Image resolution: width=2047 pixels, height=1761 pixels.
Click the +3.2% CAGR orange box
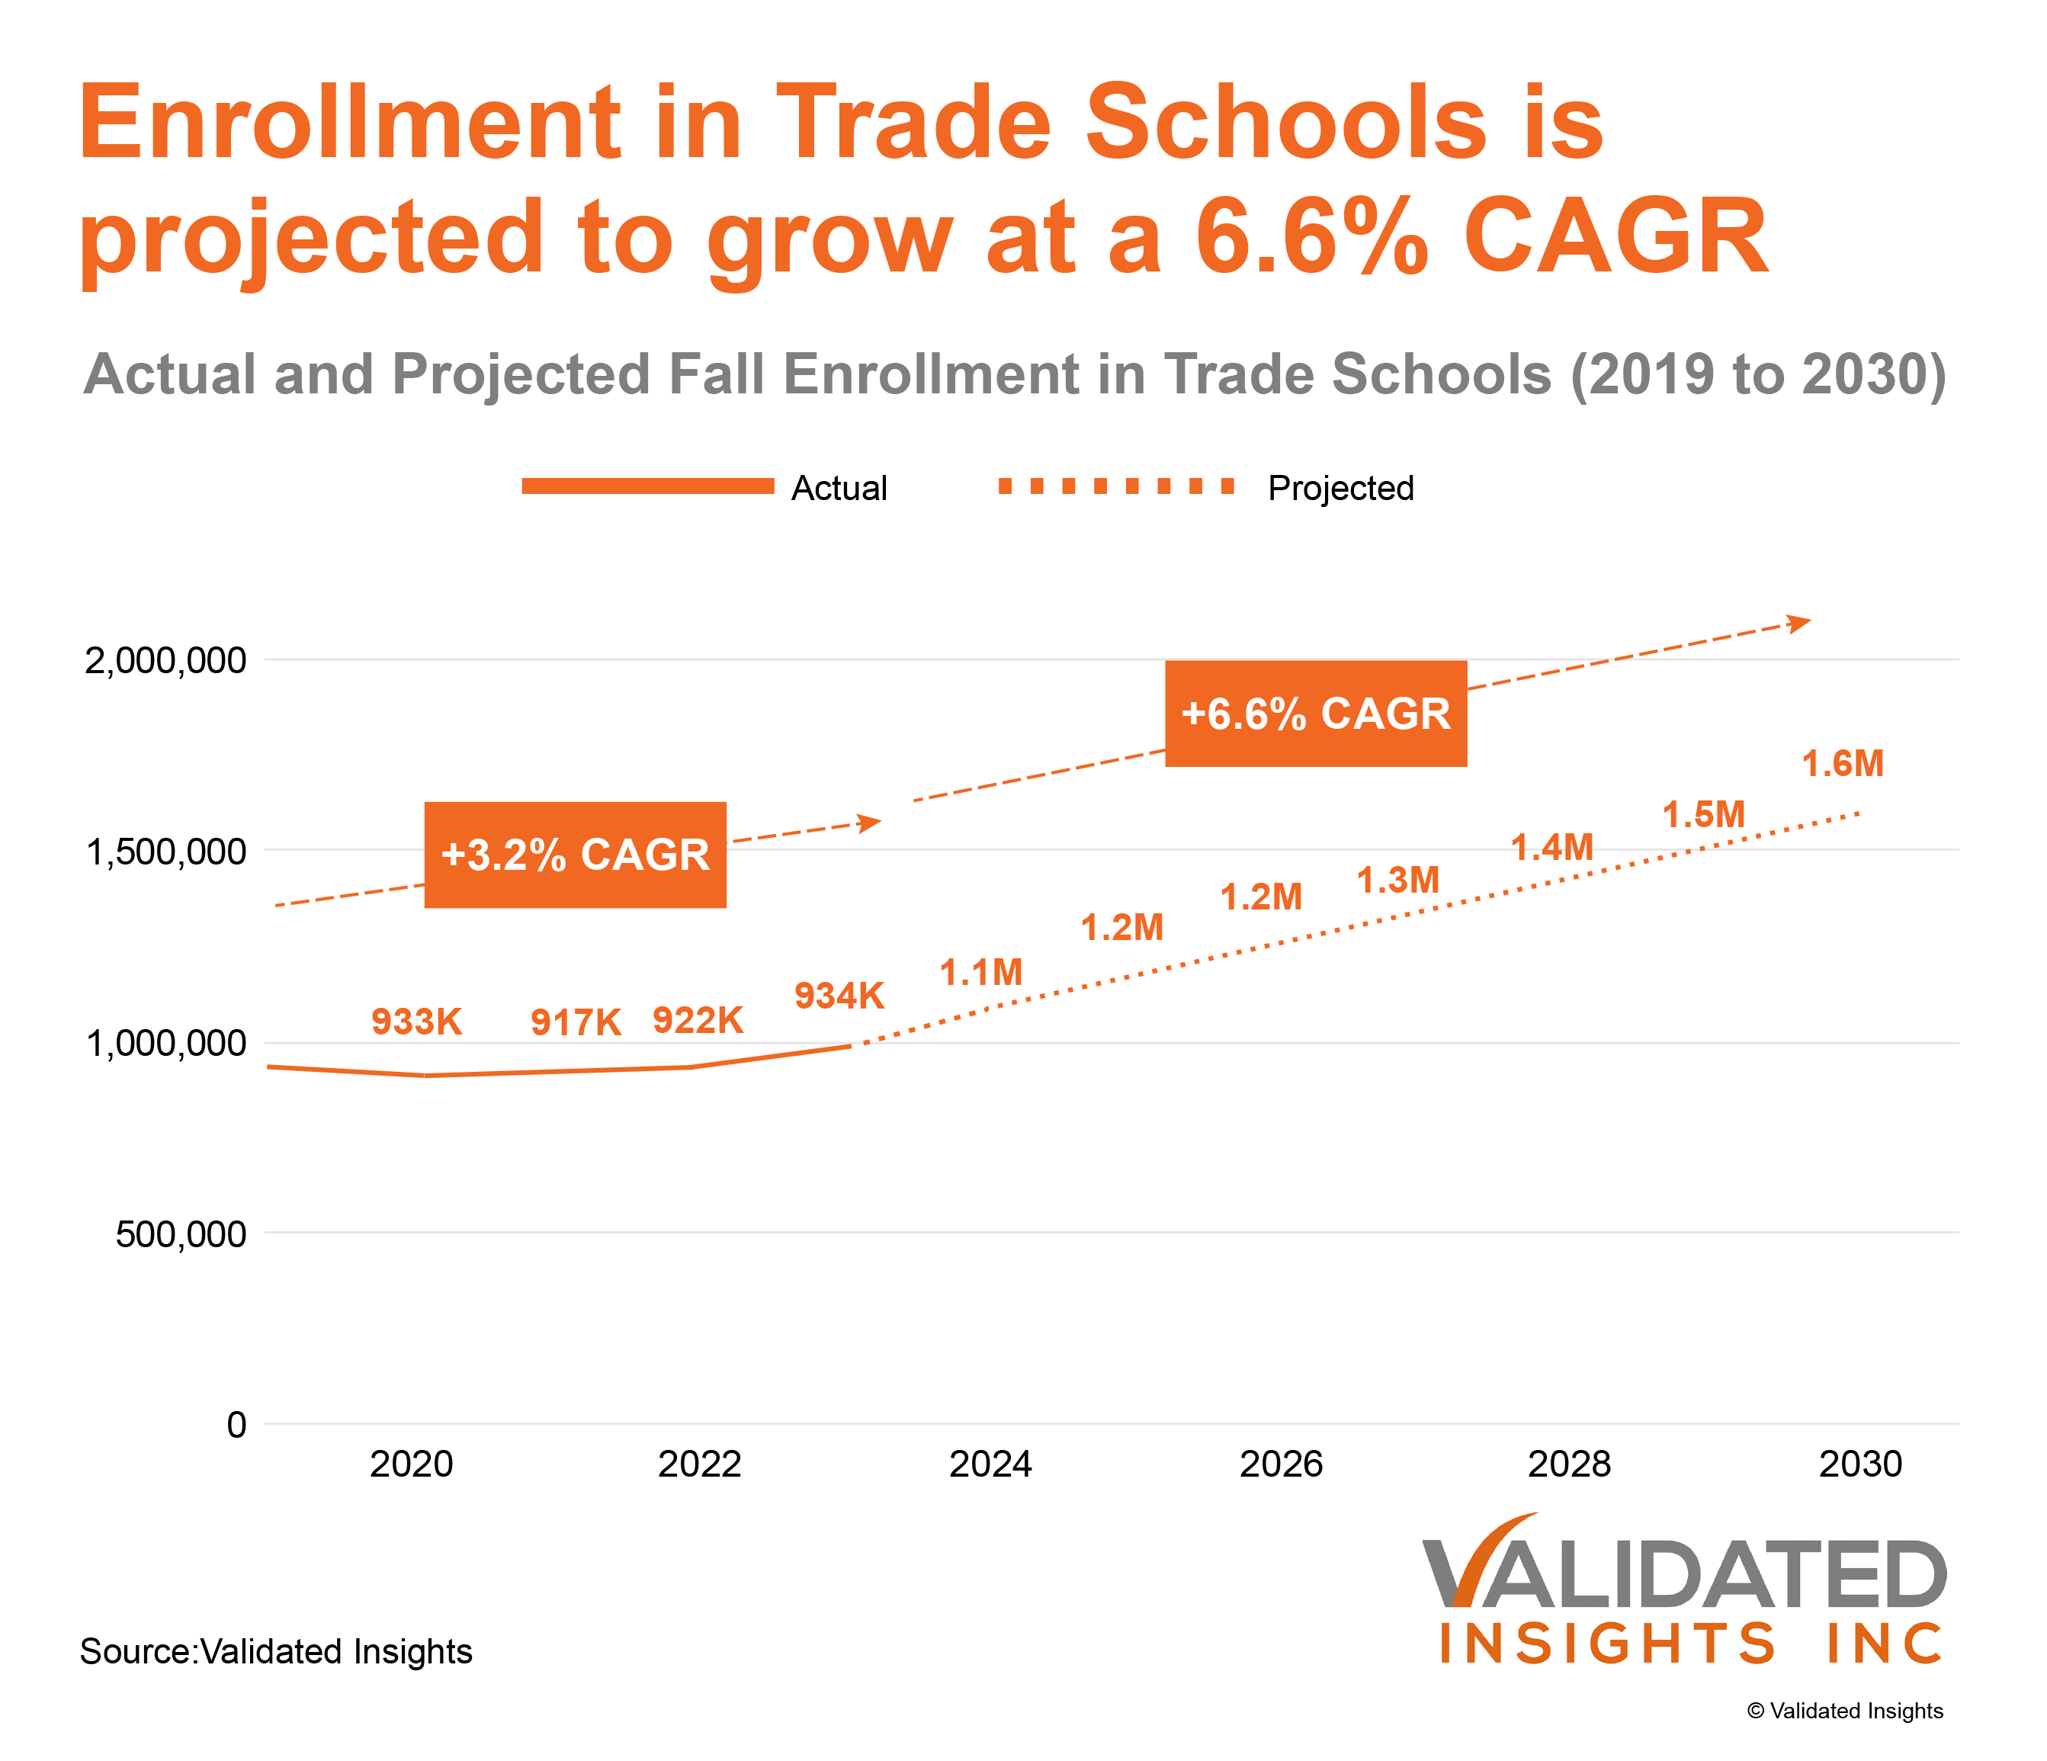tap(575, 855)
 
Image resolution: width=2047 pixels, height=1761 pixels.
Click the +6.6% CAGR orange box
tap(1315, 713)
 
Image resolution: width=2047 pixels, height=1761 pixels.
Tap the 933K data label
tap(416, 1022)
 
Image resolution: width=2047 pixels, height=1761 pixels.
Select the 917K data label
tap(576, 1022)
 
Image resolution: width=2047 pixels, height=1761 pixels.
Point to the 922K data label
tap(698, 1020)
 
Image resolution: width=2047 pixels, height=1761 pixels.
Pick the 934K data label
tap(839, 996)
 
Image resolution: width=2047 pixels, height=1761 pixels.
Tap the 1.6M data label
tap(1843, 763)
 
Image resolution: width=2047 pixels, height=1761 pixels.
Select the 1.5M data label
tap(1703, 815)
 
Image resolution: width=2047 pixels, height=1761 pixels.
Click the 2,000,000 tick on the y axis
tap(165, 659)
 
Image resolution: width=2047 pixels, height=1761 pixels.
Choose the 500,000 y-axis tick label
tap(181, 1233)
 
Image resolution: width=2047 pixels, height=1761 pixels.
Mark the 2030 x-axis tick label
tap(1859, 1464)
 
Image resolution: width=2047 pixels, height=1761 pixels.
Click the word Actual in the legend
tap(839, 488)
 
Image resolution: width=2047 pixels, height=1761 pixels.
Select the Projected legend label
tap(1340, 488)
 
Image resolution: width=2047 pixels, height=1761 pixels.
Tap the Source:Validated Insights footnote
tap(276, 1651)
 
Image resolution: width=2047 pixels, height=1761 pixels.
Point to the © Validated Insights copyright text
tap(1844, 1711)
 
